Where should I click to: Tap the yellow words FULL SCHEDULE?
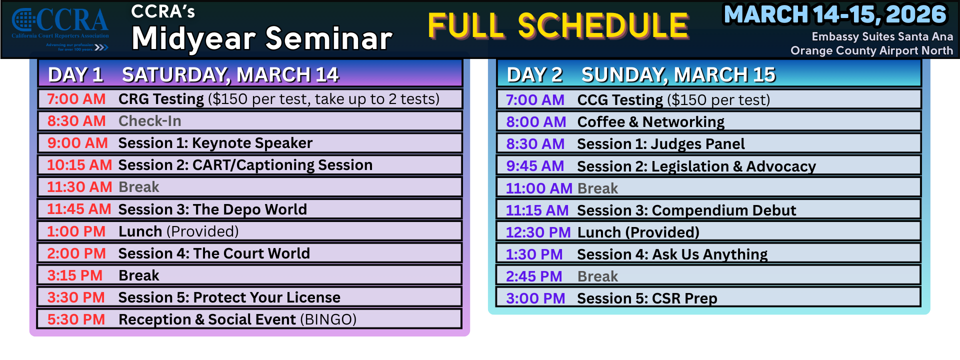point(558,26)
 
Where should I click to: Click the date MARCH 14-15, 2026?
point(835,15)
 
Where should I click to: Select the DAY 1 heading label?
point(75,75)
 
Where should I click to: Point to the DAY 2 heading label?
point(534,75)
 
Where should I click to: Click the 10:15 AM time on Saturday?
point(79,165)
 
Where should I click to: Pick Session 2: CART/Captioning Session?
point(245,165)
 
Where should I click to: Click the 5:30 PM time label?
point(76,319)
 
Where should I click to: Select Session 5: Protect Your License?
point(229,297)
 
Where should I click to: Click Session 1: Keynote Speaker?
point(215,143)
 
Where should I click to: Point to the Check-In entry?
point(149,121)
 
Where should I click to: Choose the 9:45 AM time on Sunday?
point(535,166)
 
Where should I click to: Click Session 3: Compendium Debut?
point(686,210)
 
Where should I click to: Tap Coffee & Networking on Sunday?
point(650,122)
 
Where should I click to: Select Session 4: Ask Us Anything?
point(672,254)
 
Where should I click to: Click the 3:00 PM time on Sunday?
point(535,298)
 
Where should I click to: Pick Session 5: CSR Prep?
point(647,298)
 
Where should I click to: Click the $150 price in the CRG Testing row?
point(230,99)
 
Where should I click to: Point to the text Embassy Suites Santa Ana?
point(882,36)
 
